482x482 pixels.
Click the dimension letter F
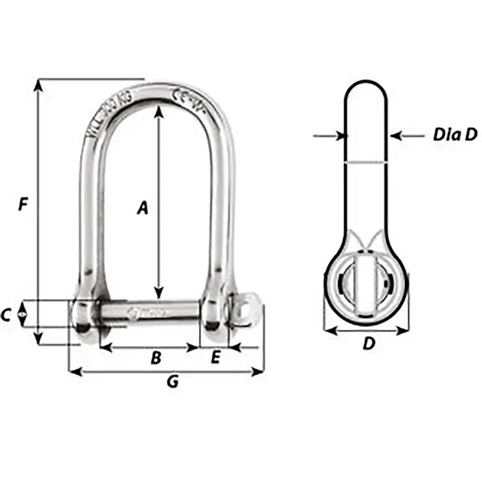[x=23, y=205]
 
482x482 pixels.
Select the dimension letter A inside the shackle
[x=143, y=207]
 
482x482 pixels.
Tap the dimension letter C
[x=7, y=315]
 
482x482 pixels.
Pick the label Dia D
[x=455, y=135]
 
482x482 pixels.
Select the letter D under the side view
[x=369, y=343]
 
